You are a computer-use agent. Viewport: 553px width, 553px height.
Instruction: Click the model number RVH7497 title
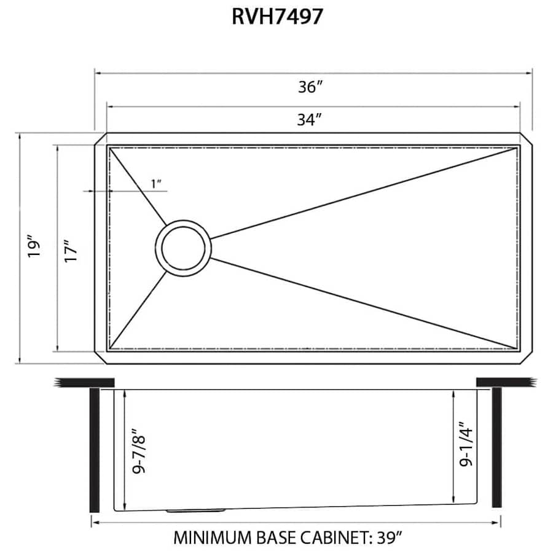[x=276, y=17]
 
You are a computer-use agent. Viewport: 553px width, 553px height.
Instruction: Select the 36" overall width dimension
[x=311, y=87]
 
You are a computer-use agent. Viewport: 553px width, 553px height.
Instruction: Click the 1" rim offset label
[x=156, y=183]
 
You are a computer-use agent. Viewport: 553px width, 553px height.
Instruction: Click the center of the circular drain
[x=184, y=248]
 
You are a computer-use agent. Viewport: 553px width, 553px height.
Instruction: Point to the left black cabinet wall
[x=94, y=449]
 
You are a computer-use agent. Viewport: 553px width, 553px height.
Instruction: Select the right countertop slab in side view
[x=505, y=382]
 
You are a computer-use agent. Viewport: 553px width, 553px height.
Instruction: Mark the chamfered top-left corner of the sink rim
[x=100, y=138]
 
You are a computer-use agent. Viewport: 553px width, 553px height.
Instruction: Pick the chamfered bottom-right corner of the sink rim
[x=527, y=358]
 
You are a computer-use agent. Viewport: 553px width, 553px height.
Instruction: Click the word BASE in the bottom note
[x=275, y=538]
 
